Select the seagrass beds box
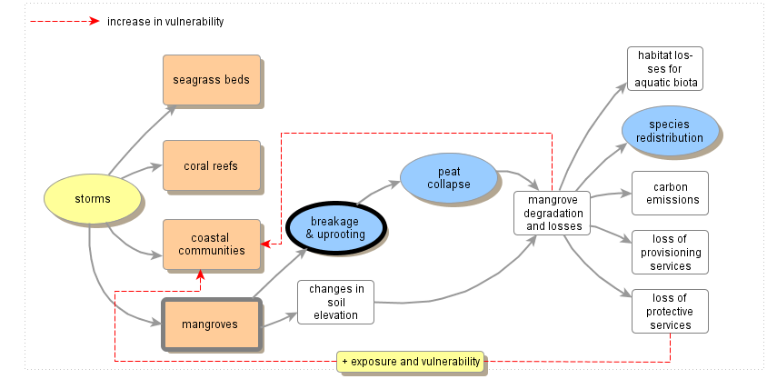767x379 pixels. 211,80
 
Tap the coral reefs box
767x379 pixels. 211,165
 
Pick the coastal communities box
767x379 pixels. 211,244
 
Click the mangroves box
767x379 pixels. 211,324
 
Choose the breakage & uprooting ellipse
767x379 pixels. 336,227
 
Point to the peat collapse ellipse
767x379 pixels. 449,178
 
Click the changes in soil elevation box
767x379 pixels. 336,303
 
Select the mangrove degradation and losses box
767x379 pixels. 553,213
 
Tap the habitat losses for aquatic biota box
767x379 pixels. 665,69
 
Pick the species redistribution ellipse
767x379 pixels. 669,131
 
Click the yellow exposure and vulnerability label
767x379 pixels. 410,362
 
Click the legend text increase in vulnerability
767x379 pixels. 164,21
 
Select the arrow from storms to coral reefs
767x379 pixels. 136,170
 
